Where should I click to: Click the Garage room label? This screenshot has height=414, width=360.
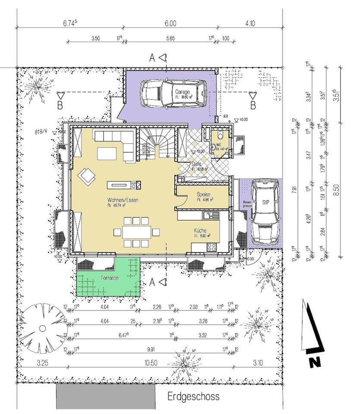point(182,92)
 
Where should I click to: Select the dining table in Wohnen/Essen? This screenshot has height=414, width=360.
point(137,232)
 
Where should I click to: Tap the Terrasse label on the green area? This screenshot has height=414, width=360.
point(108,279)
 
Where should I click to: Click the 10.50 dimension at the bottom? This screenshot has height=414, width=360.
point(150,363)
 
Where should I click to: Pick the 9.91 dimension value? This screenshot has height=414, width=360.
point(150,349)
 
